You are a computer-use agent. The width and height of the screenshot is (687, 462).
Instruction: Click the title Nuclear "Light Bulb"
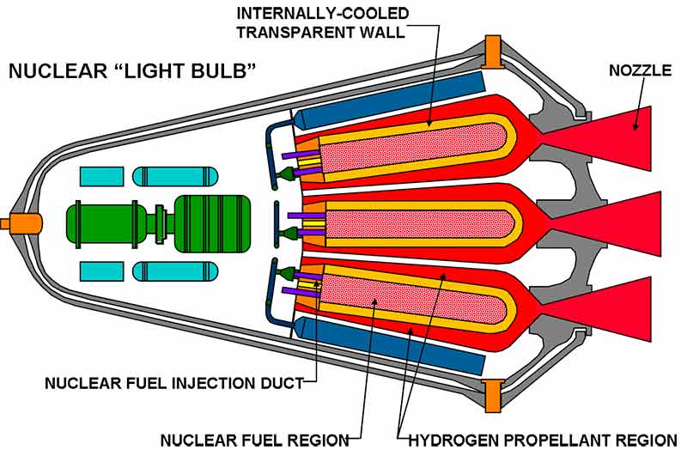click(x=133, y=70)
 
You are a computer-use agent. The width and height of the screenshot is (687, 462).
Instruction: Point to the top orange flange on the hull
click(x=493, y=52)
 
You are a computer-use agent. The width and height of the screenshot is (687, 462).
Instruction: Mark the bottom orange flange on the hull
click(x=493, y=396)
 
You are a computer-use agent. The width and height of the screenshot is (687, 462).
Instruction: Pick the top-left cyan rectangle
click(x=102, y=177)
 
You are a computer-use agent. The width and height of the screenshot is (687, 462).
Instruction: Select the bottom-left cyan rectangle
click(x=102, y=271)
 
